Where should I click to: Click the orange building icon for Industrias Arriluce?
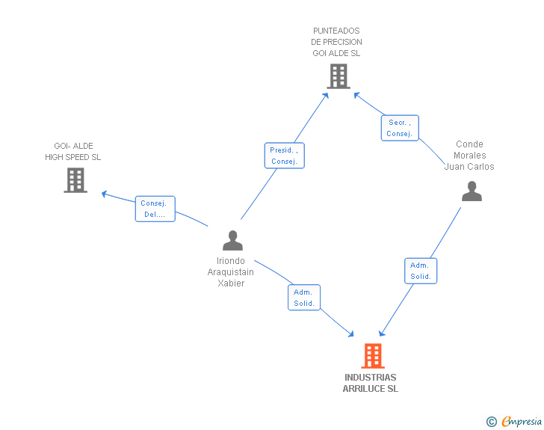(373, 356)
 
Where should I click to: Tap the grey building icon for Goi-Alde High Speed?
(75, 180)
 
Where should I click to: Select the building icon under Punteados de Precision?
(339, 76)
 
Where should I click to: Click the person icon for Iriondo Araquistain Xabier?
(233, 240)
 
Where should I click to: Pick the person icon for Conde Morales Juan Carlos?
(472, 191)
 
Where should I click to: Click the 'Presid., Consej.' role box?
(285, 156)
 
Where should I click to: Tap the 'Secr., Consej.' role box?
(400, 128)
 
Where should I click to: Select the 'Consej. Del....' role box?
(155, 209)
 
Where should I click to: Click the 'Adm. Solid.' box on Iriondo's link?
(304, 298)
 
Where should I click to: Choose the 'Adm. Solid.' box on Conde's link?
(421, 271)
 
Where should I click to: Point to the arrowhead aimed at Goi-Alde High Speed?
(104, 194)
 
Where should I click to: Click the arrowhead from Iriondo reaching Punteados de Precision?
(326, 96)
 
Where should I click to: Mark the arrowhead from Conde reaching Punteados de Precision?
(356, 95)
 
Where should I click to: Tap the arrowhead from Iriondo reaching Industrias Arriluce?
(350, 334)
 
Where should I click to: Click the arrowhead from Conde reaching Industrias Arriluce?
(382, 334)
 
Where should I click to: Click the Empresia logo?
(514, 421)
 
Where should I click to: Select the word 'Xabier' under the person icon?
(231, 283)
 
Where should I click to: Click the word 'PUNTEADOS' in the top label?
(336, 31)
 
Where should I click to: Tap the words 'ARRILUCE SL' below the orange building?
(371, 389)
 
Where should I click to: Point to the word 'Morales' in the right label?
(470, 156)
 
